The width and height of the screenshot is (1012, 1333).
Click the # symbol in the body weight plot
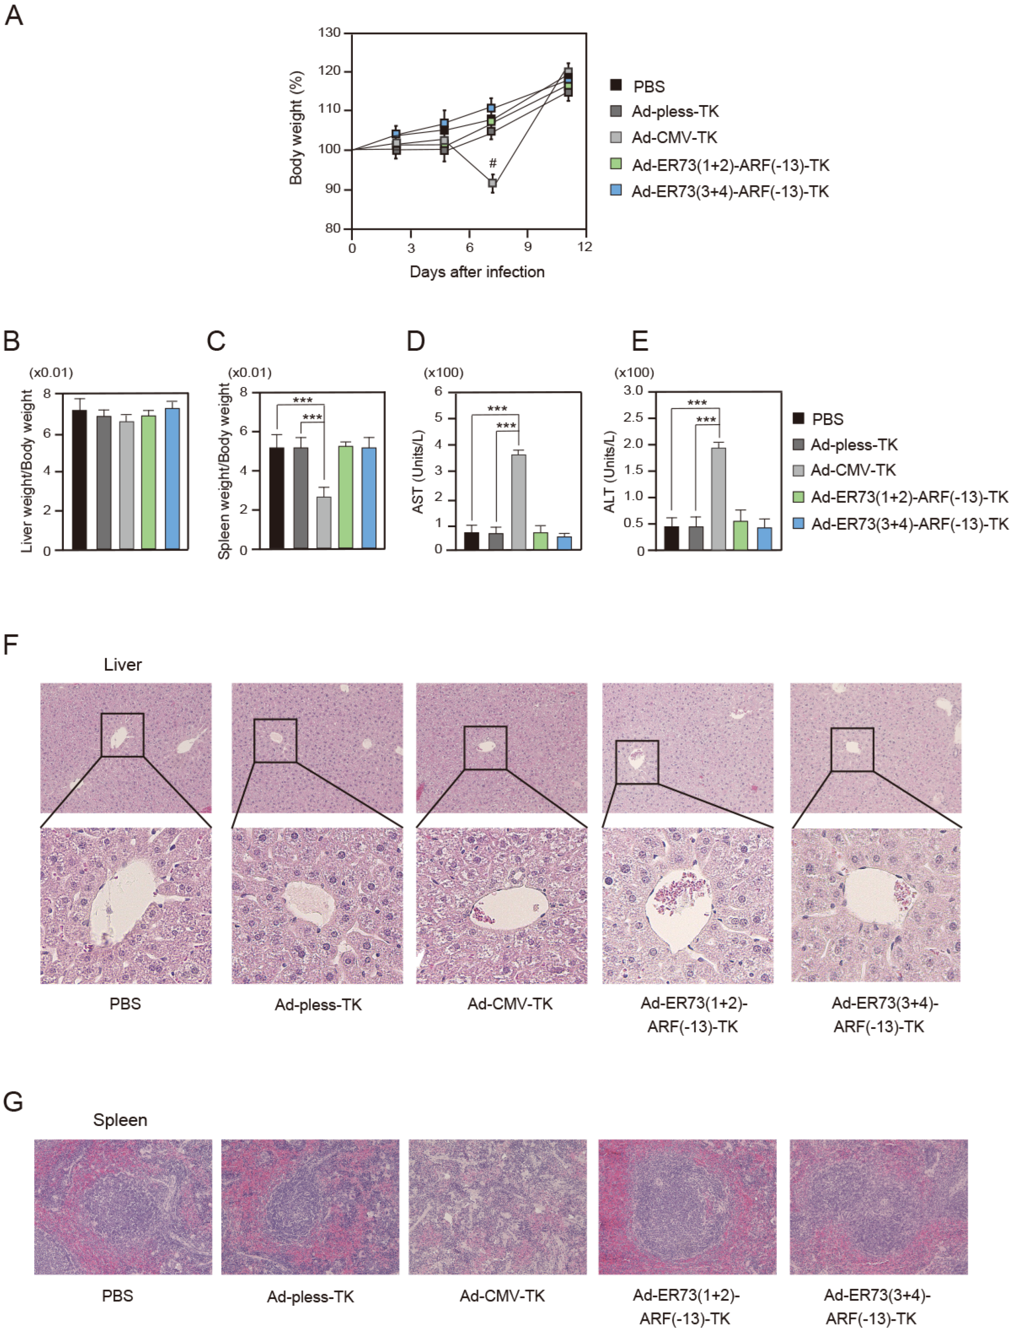(x=493, y=163)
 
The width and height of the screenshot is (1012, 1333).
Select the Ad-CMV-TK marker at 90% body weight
(x=493, y=182)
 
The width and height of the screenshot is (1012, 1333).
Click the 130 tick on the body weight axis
(x=329, y=33)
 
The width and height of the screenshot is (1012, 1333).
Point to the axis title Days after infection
(x=477, y=272)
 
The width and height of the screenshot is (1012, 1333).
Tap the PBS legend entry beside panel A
(x=648, y=87)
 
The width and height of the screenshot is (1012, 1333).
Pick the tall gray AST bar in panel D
(x=518, y=502)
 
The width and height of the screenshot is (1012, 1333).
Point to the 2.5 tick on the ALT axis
(x=633, y=417)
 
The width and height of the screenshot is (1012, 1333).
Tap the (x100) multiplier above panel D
(x=444, y=372)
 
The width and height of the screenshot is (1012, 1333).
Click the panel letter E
(x=640, y=341)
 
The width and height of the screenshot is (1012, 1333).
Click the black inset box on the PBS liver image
(x=122, y=734)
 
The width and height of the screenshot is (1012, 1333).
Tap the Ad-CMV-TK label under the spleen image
(x=502, y=1296)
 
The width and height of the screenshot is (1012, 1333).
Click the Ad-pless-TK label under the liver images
(x=318, y=1004)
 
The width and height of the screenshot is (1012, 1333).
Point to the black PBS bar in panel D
(x=472, y=540)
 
